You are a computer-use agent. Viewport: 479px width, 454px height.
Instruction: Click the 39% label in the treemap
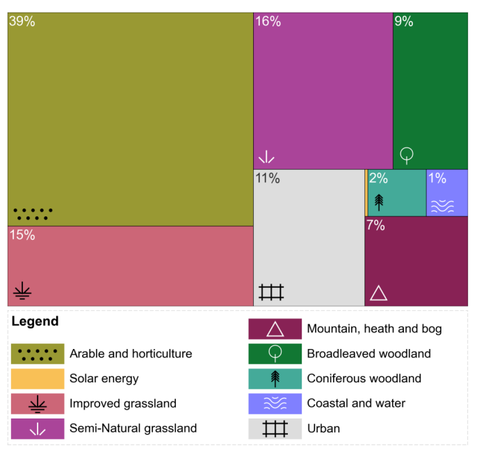(x=22, y=22)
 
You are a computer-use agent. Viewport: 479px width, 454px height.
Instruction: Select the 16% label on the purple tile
(x=268, y=22)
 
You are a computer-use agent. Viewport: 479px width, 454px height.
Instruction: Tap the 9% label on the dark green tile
(x=404, y=22)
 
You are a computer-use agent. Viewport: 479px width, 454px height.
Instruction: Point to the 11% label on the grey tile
(x=268, y=179)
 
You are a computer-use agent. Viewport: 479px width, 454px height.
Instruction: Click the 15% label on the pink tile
(x=22, y=235)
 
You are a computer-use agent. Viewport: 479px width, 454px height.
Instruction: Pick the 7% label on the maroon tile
(x=375, y=225)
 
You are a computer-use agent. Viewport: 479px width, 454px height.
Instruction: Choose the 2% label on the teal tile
(x=378, y=178)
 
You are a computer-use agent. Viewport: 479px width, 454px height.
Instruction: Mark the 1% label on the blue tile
(x=437, y=178)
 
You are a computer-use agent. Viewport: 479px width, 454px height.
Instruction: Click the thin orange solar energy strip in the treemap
(x=366, y=193)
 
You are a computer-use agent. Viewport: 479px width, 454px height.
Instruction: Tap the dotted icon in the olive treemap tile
(x=33, y=213)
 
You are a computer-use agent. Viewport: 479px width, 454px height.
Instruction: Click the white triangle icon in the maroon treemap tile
(x=378, y=293)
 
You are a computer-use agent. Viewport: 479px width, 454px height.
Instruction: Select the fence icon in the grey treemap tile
(x=271, y=292)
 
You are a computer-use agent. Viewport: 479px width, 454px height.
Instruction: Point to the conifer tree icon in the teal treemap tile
(x=379, y=202)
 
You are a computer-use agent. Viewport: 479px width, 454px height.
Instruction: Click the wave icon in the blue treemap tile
(x=442, y=206)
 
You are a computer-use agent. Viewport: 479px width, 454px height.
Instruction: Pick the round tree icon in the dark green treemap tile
(x=407, y=154)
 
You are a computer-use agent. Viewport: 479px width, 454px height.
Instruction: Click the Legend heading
(x=35, y=322)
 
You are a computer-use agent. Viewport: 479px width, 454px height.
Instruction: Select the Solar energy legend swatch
(x=38, y=379)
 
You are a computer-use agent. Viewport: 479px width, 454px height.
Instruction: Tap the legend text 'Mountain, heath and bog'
(x=374, y=329)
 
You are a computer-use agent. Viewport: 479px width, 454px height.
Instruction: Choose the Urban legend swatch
(x=275, y=428)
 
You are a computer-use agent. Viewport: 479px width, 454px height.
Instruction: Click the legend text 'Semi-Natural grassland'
(x=133, y=428)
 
